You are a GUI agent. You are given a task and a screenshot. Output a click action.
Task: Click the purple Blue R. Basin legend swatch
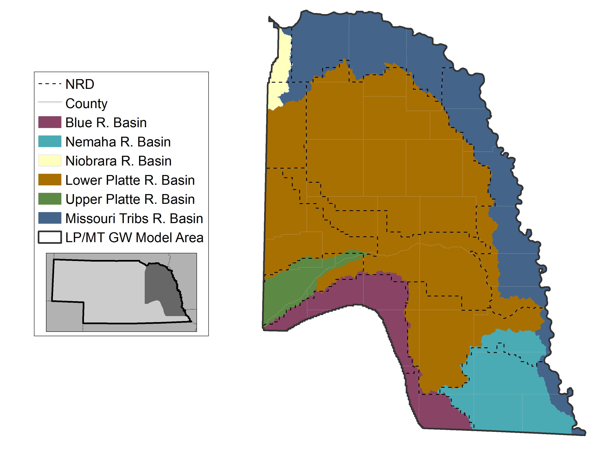point(50,122)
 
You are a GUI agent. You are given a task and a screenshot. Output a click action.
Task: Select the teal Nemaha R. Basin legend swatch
point(50,141)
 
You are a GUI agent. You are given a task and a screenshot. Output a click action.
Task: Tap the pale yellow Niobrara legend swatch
point(50,160)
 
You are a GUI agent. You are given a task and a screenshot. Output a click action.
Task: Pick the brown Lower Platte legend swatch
point(50,180)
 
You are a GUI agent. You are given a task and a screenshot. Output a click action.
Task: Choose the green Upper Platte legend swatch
point(50,199)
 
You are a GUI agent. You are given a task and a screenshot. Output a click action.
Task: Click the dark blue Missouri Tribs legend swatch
point(50,218)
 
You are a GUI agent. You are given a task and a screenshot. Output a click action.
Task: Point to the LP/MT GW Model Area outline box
point(50,237)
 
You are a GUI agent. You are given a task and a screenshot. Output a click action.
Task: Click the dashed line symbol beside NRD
point(50,84)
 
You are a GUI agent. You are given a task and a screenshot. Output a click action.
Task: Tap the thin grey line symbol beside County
point(50,102)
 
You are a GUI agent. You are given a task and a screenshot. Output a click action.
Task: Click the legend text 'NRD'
point(80,84)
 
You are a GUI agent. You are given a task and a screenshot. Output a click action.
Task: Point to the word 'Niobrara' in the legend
point(91,161)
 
